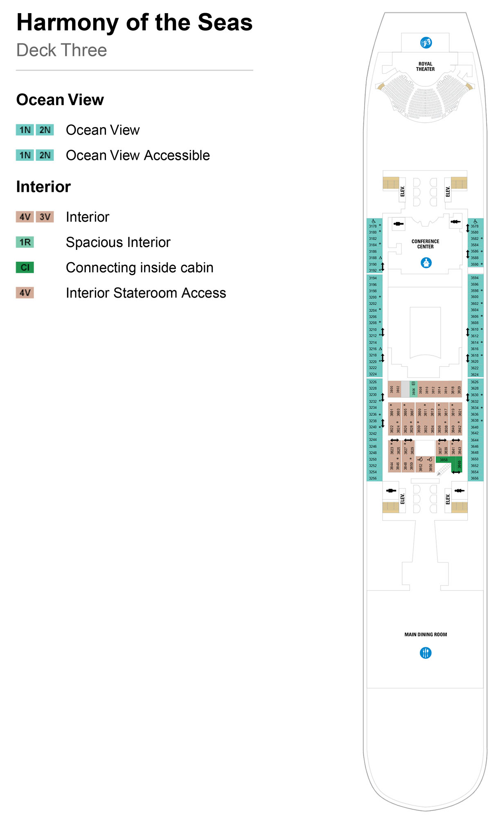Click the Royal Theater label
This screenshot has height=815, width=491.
coord(425,67)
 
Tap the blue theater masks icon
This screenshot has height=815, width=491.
coord(426,43)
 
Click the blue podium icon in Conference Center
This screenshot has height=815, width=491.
coord(426,263)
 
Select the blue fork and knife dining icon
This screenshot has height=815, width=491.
coord(426,653)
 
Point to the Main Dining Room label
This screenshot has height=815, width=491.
coord(426,635)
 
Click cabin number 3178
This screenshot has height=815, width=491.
coord(373,226)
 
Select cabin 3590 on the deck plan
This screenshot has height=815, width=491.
coord(474,264)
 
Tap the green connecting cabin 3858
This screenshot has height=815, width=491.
coord(444,460)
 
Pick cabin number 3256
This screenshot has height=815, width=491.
coord(373,478)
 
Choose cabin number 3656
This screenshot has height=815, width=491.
coord(474,478)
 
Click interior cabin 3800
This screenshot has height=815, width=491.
coord(392,389)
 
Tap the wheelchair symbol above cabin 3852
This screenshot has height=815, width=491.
coord(420,459)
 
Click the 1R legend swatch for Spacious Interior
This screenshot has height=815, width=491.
coord(25,242)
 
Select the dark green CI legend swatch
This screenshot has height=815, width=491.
coord(25,267)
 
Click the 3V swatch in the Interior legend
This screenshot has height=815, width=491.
coord(45,217)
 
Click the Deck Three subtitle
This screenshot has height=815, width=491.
coord(62,50)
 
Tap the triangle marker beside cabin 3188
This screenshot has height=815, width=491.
coord(380,258)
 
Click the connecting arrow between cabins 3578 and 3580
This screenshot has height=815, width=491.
coord(468,228)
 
